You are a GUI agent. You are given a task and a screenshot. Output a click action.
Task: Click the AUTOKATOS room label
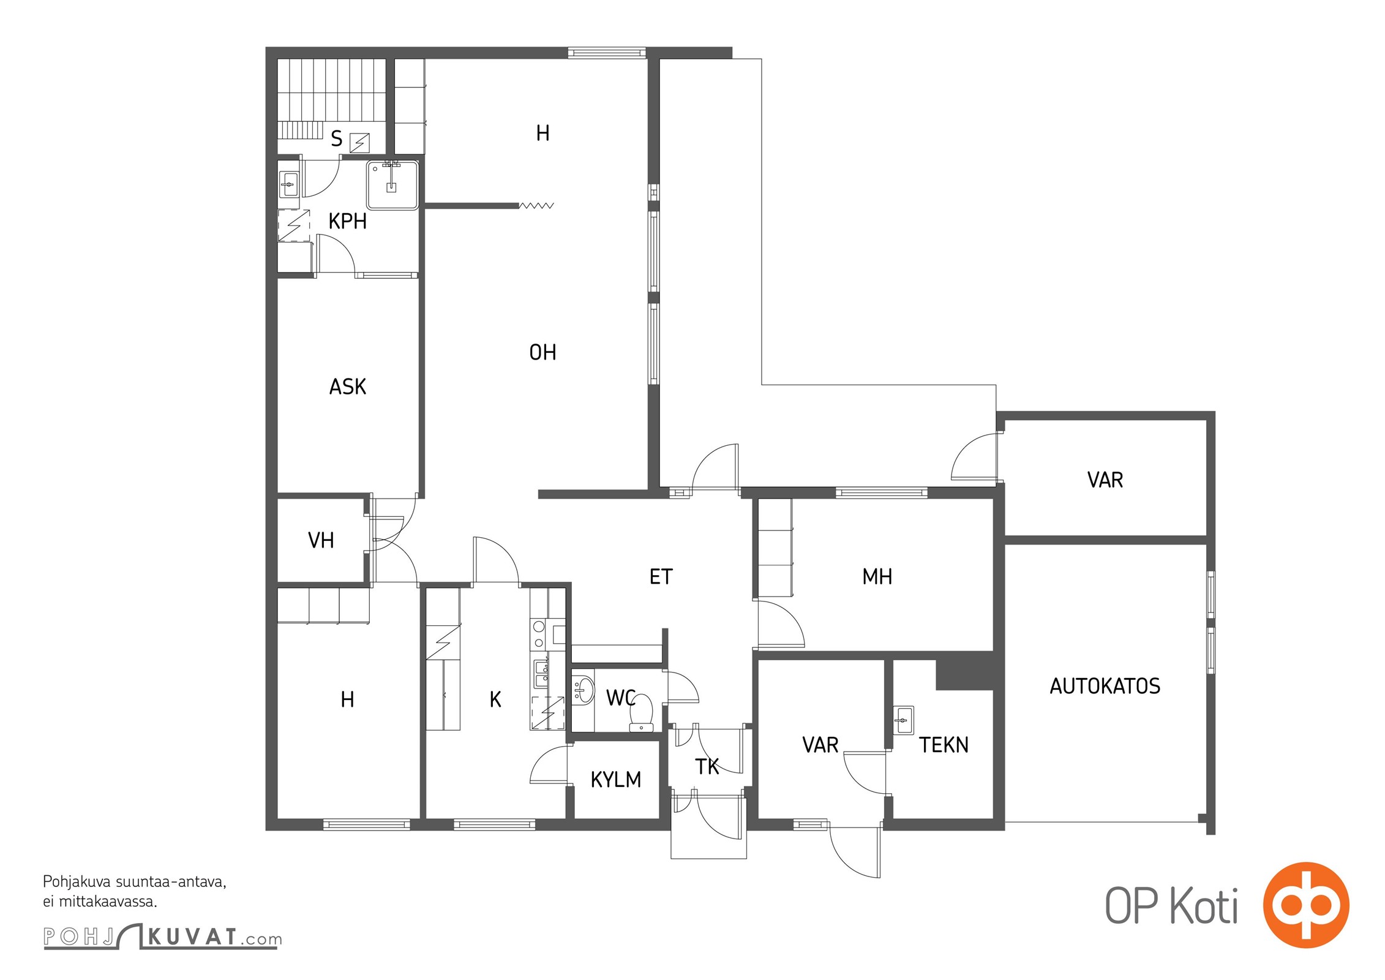click(1105, 686)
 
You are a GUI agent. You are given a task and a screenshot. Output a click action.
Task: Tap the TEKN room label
click(944, 745)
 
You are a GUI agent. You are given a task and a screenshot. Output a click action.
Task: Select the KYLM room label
click(615, 780)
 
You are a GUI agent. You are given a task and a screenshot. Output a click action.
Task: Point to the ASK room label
click(348, 387)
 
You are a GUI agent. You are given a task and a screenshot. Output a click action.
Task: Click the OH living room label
click(542, 352)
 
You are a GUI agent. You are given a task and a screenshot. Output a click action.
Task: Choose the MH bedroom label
click(877, 576)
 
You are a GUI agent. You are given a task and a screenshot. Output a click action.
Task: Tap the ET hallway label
click(661, 576)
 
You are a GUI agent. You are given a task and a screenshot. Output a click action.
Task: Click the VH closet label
click(321, 540)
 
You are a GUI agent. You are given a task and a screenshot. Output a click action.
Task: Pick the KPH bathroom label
click(347, 221)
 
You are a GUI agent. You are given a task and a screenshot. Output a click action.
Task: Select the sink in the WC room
click(582, 690)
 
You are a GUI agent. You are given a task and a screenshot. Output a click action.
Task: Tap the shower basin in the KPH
click(392, 184)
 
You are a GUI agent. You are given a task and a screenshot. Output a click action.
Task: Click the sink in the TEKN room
click(903, 720)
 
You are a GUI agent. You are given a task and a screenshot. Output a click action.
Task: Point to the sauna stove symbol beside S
click(359, 143)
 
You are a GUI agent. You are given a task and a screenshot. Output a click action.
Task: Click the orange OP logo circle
click(1306, 905)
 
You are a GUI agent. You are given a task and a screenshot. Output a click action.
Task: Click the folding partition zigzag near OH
click(536, 206)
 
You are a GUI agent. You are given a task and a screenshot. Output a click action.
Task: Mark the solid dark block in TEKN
click(964, 674)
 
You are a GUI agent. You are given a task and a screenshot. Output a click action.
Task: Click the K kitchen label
click(495, 699)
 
